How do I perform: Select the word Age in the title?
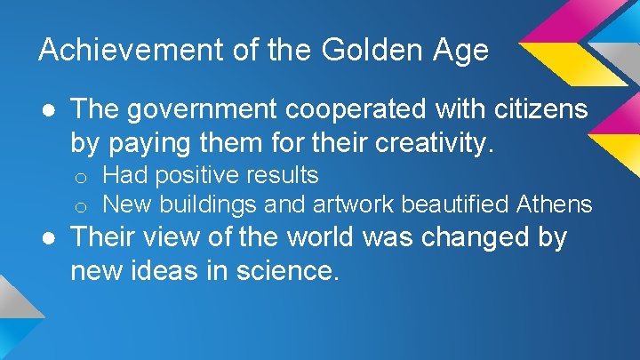pos(460,50)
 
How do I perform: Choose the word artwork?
pos(353,204)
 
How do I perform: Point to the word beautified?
pos(460,204)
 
